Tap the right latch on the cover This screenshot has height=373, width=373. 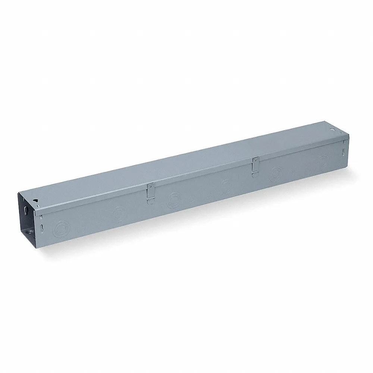pos(256,164)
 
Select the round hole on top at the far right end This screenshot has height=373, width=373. pos(331,131)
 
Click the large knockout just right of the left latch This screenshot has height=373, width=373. pos(173,200)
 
